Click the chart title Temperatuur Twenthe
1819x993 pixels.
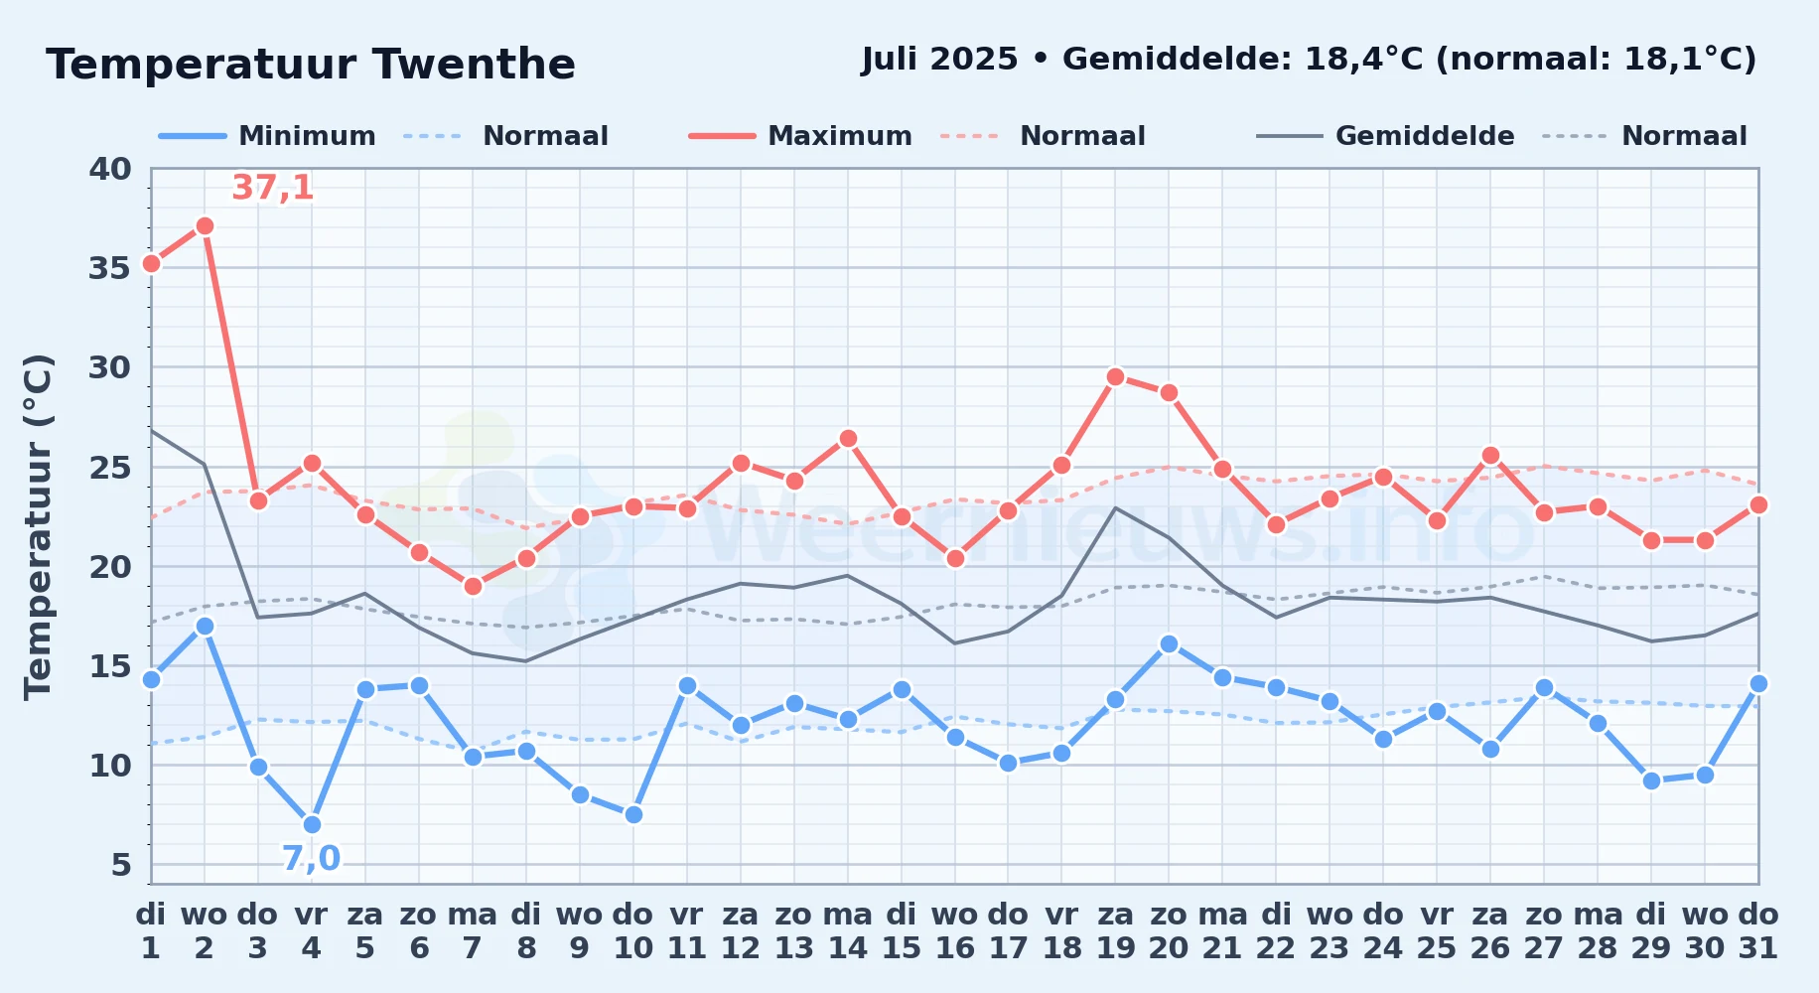(311, 65)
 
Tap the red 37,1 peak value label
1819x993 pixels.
(273, 187)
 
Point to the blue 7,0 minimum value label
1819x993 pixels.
(311, 858)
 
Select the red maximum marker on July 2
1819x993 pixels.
(205, 225)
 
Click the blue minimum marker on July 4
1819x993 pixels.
(312, 824)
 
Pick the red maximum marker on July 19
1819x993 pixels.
(1115, 376)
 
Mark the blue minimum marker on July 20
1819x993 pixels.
(1169, 643)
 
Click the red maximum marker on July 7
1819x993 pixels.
(473, 586)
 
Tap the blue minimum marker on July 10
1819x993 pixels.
(633, 814)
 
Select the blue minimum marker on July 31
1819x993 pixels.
(1758, 683)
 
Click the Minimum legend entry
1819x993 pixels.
(268, 136)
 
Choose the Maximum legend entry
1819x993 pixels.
(800, 136)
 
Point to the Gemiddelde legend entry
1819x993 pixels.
(1386, 136)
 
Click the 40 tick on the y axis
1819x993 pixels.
(110, 169)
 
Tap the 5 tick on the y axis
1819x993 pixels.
(121, 865)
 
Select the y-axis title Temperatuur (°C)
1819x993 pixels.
(38, 526)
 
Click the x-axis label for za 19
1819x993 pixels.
(1115, 931)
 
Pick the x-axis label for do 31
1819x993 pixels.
(1758, 931)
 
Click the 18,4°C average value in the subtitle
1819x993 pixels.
(1364, 60)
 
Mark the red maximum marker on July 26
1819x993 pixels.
(1490, 455)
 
